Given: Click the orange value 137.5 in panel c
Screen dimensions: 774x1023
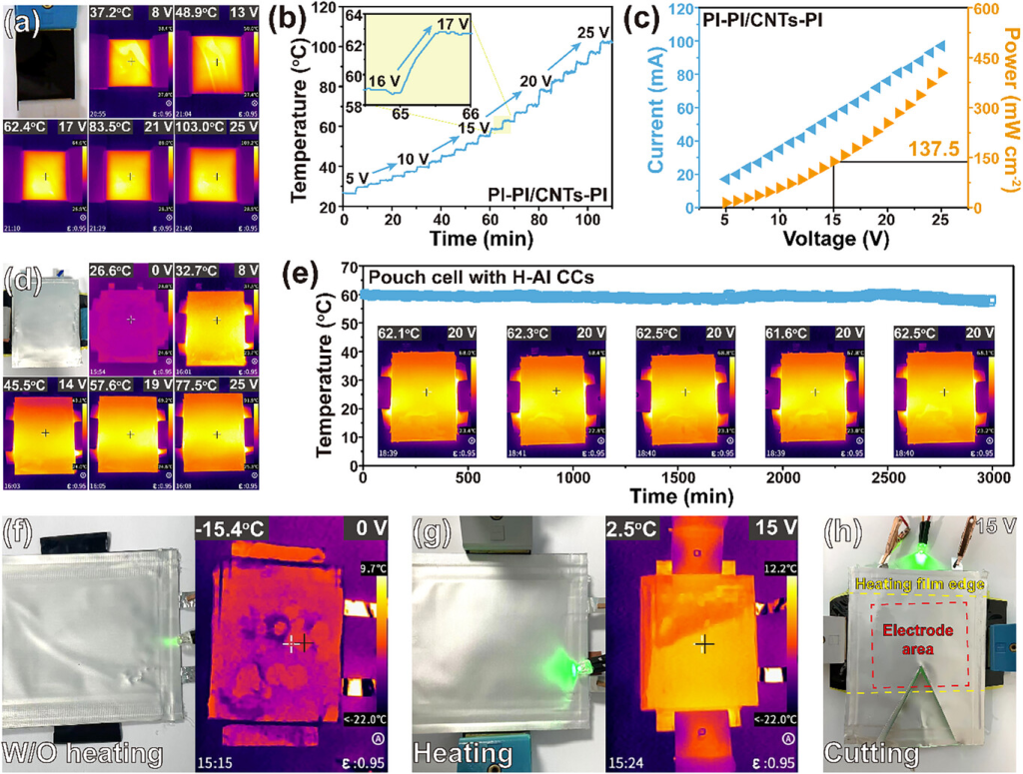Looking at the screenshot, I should pyautogui.click(x=933, y=150).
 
